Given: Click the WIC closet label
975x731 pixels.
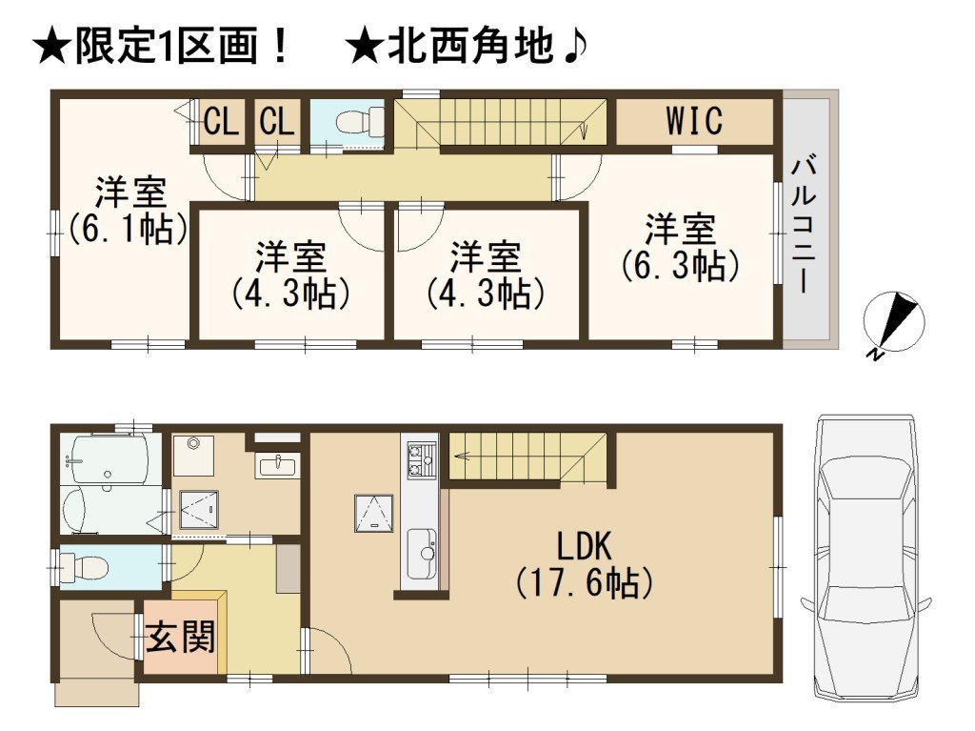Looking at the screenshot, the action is point(694,121).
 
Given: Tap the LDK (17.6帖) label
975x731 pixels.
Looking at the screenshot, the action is point(585,565).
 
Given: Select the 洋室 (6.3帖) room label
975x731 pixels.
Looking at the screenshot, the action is point(680,247).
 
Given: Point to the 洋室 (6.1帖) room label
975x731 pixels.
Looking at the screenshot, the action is point(129,211).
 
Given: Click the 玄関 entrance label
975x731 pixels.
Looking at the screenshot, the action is point(180,637).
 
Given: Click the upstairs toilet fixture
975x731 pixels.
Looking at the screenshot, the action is point(360,121).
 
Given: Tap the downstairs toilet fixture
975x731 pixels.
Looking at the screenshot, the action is point(83,568).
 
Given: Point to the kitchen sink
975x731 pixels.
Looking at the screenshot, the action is point(422,553).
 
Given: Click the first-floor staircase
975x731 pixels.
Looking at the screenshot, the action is point(527,457).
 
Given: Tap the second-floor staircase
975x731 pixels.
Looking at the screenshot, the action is point(501,122).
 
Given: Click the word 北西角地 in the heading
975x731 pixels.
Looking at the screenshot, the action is point(470,47).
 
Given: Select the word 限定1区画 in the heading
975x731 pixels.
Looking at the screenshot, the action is point(166,47).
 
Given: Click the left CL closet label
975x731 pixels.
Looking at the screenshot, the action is point(221,121).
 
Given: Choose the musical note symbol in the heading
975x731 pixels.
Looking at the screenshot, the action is point(572,47).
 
